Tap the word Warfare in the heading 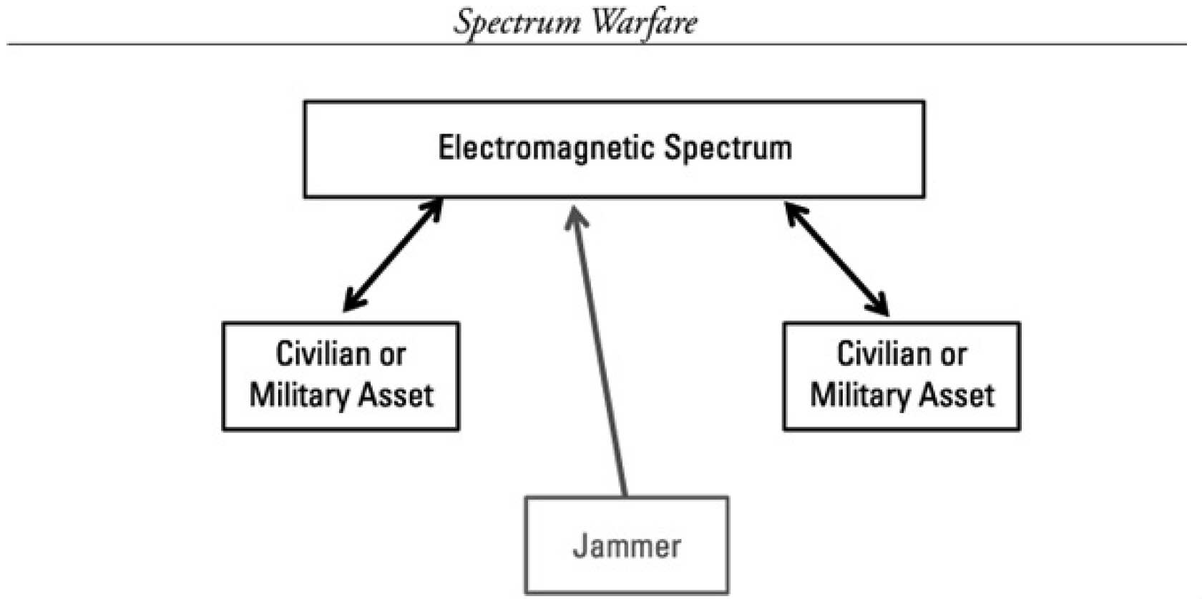[x=645, y=22]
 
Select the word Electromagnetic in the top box [x=547, y=148]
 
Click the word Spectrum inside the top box [x=728, y=148]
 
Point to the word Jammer [x=627, y=546]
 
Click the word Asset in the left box [x=398, y=395]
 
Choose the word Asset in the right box [x=959, y=395]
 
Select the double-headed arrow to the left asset [x=393, y=255]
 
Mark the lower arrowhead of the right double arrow [x=880, y=306]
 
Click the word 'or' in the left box [x=393, y=355]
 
